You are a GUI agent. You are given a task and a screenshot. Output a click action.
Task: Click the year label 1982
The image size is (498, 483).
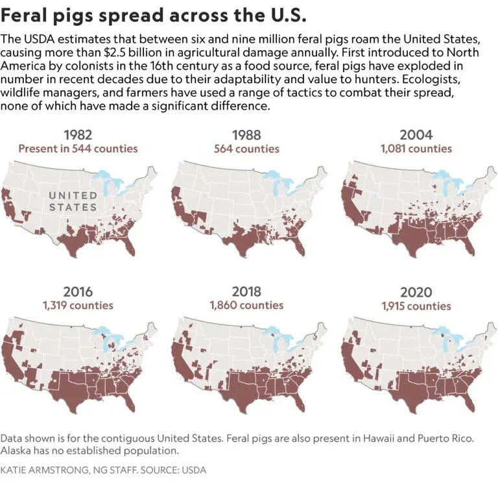78,135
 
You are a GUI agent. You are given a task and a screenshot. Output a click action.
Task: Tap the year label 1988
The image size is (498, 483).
246,135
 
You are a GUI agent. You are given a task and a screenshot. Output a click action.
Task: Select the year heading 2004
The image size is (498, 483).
416,135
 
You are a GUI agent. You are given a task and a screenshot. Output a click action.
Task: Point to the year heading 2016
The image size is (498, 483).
78,291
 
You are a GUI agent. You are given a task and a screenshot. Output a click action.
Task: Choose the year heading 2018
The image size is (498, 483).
246,291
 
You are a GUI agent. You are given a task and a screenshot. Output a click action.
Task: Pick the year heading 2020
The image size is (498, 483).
416,292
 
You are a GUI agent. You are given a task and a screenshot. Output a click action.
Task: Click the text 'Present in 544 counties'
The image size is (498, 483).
78,149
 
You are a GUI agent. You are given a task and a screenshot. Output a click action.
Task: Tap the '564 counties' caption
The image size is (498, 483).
246,149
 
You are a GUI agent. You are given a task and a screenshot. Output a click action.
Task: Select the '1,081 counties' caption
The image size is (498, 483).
416,149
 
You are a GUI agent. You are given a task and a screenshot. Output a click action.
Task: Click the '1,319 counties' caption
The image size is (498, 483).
78,306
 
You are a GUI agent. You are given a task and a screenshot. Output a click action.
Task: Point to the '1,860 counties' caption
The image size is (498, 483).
246,306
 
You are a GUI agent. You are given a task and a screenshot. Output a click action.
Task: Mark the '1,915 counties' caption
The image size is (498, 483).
416,306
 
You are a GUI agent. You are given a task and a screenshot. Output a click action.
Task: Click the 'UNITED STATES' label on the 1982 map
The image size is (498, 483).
73,201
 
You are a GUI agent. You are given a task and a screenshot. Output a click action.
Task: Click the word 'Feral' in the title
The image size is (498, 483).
24,15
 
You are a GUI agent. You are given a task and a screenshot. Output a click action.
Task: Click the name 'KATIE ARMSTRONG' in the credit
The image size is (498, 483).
44,470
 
